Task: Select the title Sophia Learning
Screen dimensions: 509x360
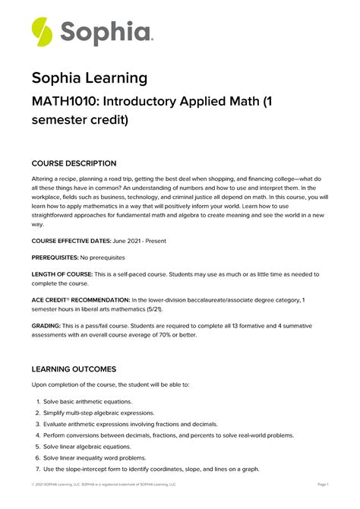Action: pyautogui.click(x=89, y=78)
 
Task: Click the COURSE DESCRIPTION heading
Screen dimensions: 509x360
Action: pyautogui.click(x=74, y=163)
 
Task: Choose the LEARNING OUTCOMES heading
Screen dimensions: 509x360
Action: pyautogui.click(x=74, y=369)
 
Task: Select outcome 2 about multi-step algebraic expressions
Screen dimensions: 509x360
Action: pyautogui.click(x=99, y=413)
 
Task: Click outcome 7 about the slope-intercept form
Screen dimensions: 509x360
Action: pyautogui.click(x=151, y=469)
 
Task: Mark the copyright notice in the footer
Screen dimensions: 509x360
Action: pyautogui.click(x=103, y=484)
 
